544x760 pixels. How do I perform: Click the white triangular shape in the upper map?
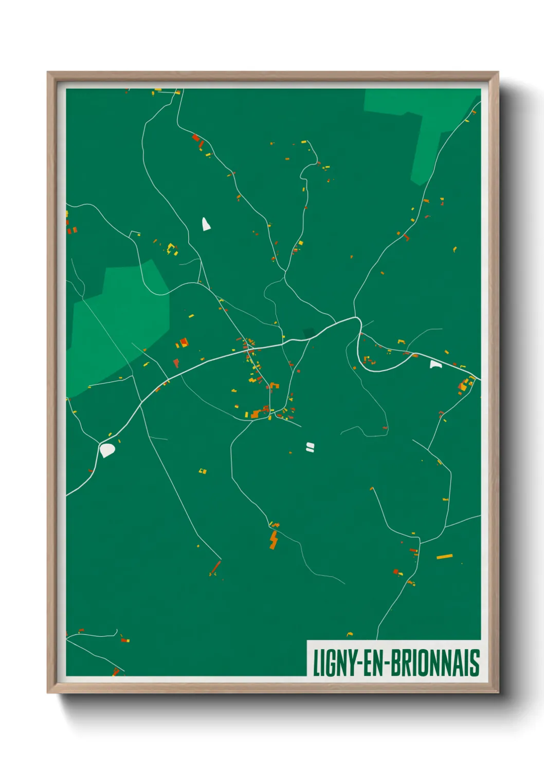coord(206,224)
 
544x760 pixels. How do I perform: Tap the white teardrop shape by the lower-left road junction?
coord(107,450)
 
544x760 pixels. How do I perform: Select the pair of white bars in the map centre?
coord(310,447)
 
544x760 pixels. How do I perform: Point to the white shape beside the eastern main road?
coord(436,364)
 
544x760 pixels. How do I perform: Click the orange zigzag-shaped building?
coord(274,540)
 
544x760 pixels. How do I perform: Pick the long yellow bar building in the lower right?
coord(444,556)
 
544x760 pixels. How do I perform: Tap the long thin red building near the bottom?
coord(215,568)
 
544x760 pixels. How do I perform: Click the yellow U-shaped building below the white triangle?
coord(171,248)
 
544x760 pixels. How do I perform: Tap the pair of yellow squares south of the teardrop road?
coord(203,470)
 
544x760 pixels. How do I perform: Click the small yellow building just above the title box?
coord(350,634)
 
